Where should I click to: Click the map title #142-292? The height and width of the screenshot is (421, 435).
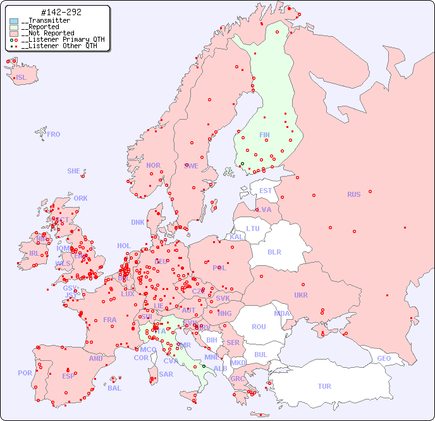click(x=60, y=12)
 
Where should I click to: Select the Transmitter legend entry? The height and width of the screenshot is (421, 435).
click(x=46, y=20)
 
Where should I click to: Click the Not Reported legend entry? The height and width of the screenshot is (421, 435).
click(x=47, y=33)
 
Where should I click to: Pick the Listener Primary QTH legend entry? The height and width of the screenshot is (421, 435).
click(x=58, y=39)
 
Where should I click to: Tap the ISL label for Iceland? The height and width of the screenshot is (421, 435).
click(x=21, y=78)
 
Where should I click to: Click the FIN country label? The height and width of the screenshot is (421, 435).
click(x=264, y=135)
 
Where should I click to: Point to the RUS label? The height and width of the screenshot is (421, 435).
click(x=353, y=195)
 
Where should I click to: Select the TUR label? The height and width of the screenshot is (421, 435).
click(x=324, y=386)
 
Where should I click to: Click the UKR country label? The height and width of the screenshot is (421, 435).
click(x=301, y=295)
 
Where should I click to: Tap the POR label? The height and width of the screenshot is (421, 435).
click(x=25, y=374)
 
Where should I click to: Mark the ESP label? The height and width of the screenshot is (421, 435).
click(x=68, y=376)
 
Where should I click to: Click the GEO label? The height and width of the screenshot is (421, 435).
click(x=384, y=358)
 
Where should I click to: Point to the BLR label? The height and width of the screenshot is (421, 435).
click(x=274, y=252)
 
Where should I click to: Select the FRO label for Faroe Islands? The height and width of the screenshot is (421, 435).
click(x=54, y=135)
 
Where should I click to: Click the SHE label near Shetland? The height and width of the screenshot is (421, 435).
click(x=73, y=171)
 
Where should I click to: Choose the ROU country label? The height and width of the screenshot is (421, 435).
click(x=259, y=327)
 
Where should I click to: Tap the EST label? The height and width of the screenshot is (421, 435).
click(x=266, y=191)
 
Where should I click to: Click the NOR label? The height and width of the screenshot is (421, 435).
click(x=153, y=166)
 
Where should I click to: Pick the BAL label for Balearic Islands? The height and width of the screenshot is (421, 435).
click(x=114, y=388)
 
